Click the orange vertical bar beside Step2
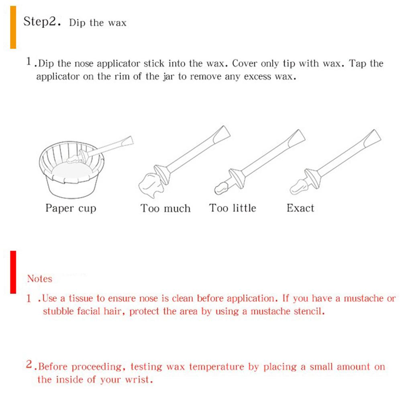[13, 27]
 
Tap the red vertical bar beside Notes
[13, 272]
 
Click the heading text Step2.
[42, 22]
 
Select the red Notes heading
[40, 279]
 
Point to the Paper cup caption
[71, 208]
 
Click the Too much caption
[165, 208]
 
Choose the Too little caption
[233, 208]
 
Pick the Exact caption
[300, 208]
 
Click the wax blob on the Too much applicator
[151, 185]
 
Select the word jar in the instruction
[168, 77]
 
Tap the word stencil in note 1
[309, 311]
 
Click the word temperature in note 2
[216, 367]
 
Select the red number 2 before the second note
[29, 364]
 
